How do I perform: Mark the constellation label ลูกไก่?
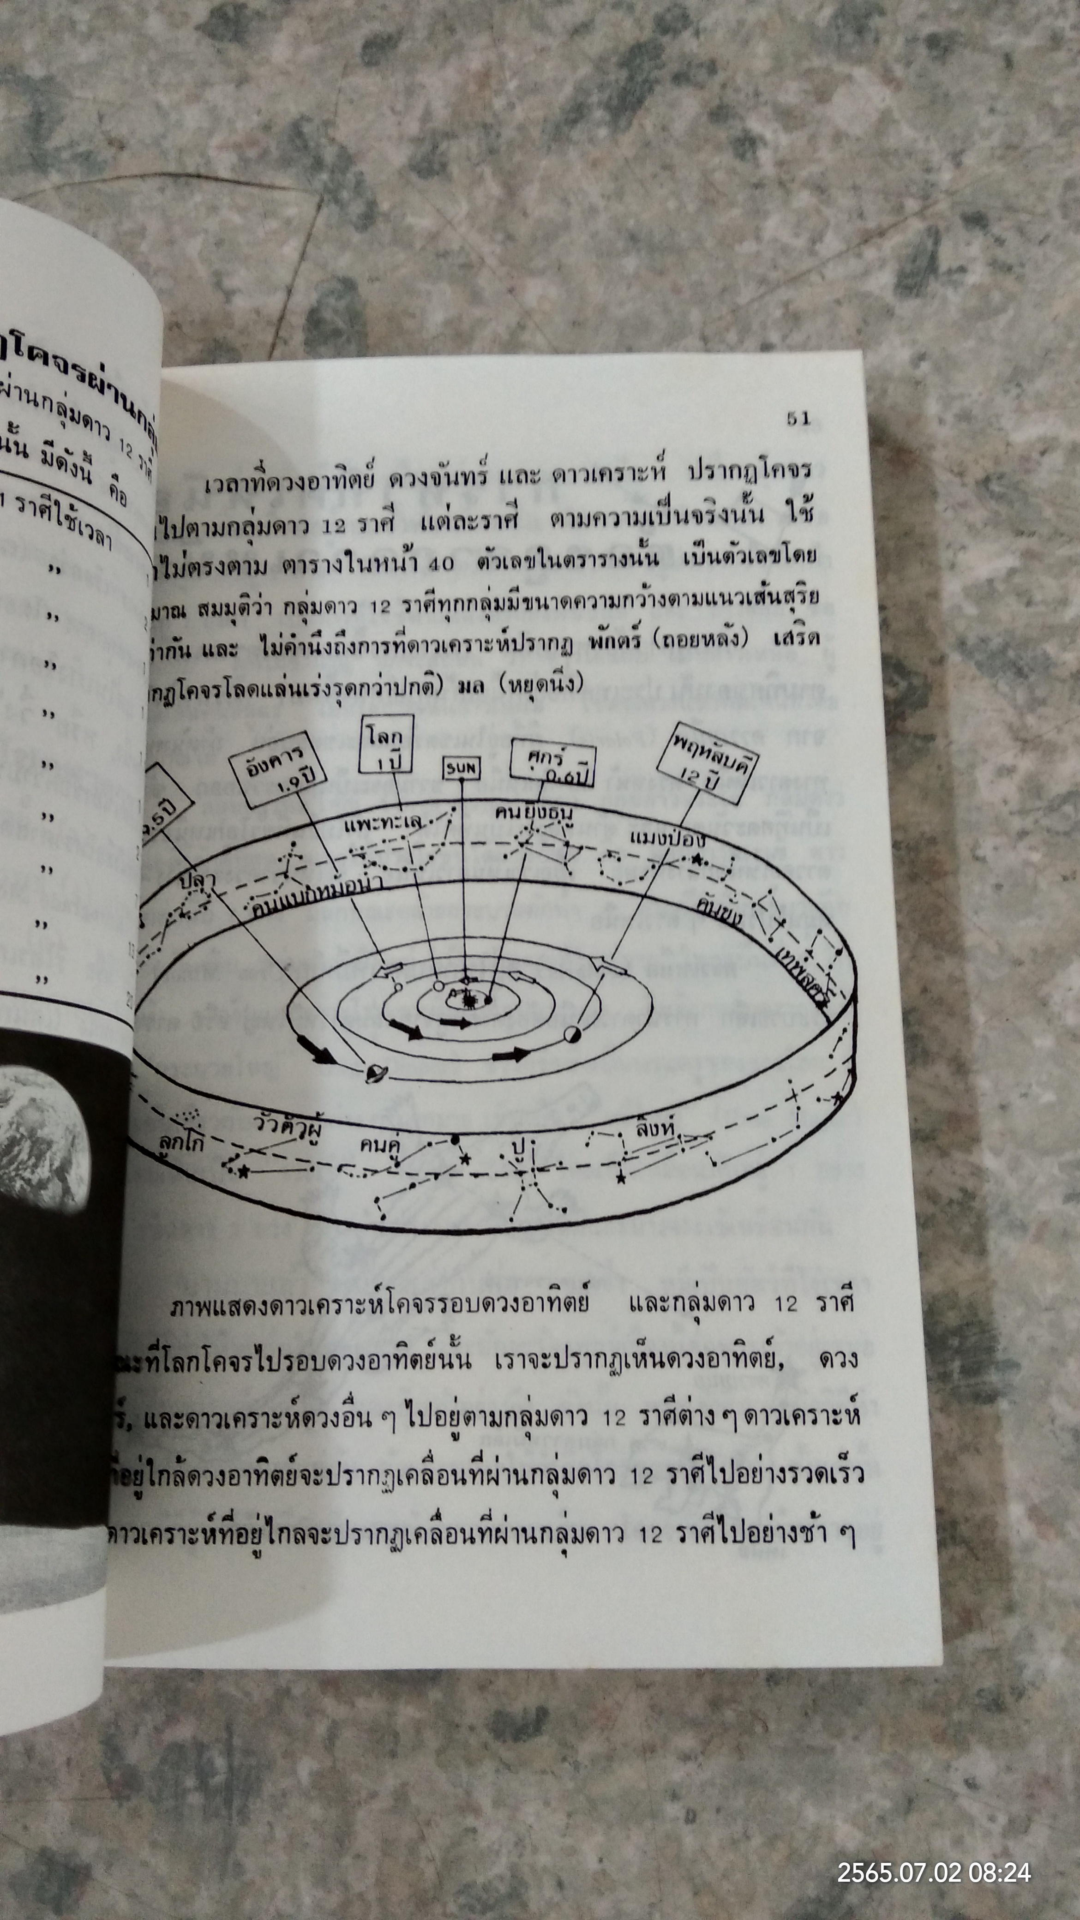pyautogui.click(x=181, y=1143)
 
